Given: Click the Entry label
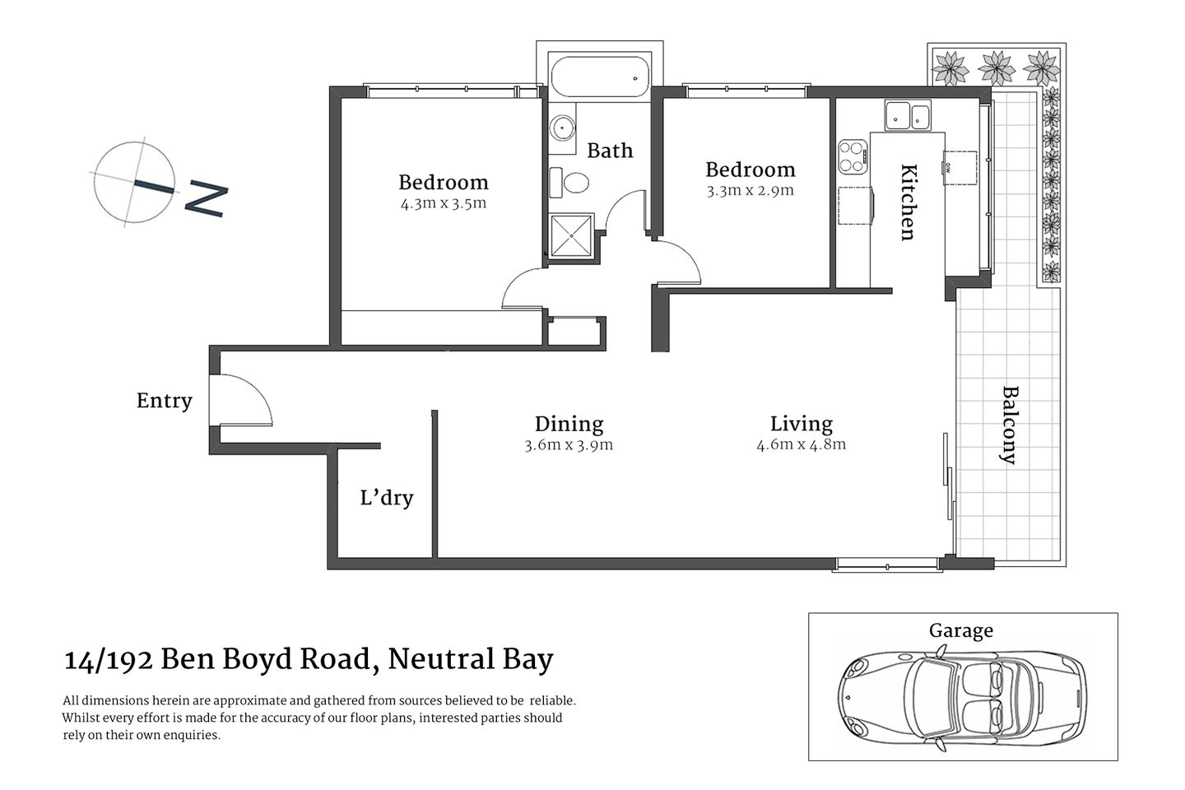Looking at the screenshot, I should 164,401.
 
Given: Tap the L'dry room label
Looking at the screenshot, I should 386,498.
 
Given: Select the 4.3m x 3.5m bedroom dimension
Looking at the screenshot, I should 444,203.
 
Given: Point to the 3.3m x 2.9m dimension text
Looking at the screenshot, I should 750,190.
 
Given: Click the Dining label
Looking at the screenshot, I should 569,424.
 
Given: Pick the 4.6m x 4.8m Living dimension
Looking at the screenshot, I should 801,444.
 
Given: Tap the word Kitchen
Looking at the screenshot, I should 908,202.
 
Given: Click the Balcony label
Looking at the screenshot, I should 1009,425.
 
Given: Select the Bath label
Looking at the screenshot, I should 610,151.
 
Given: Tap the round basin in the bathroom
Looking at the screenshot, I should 564,128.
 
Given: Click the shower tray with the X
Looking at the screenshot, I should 571,235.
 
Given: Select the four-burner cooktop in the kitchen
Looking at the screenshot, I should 853,156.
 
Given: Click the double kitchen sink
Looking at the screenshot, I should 907,116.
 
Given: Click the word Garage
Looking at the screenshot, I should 960,631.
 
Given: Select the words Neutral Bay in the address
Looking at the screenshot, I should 470,659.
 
